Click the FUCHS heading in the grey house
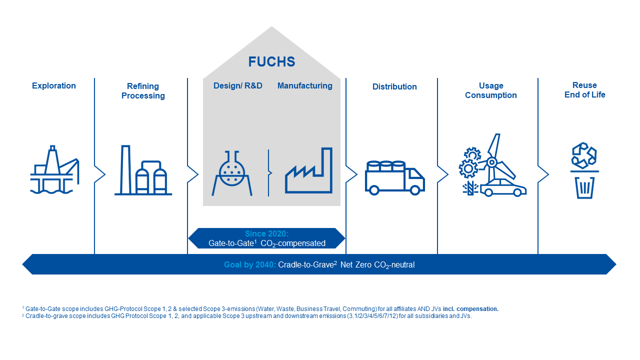[x=271, y=61]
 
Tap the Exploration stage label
[x=53, y=85]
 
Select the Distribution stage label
[x=394, y=86]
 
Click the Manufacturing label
[x=305, y=85]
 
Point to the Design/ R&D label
[x=237, y=85]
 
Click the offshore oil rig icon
[x=54, y=169]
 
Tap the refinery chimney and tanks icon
[x=143, y=170]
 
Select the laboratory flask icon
[x=231, y=173]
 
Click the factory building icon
[x=308, y=170]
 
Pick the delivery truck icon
[x=395, y=177]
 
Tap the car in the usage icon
[x=503, y=188]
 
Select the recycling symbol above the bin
[x=584, y=155]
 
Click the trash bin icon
[x=584, y=187]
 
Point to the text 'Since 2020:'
[x=267, y=233]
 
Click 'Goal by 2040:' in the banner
[x=250, y=265]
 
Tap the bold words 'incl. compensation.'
[x=470, y=309]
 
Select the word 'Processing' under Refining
[x=143, y=95]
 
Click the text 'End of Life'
[x=585, y=95]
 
